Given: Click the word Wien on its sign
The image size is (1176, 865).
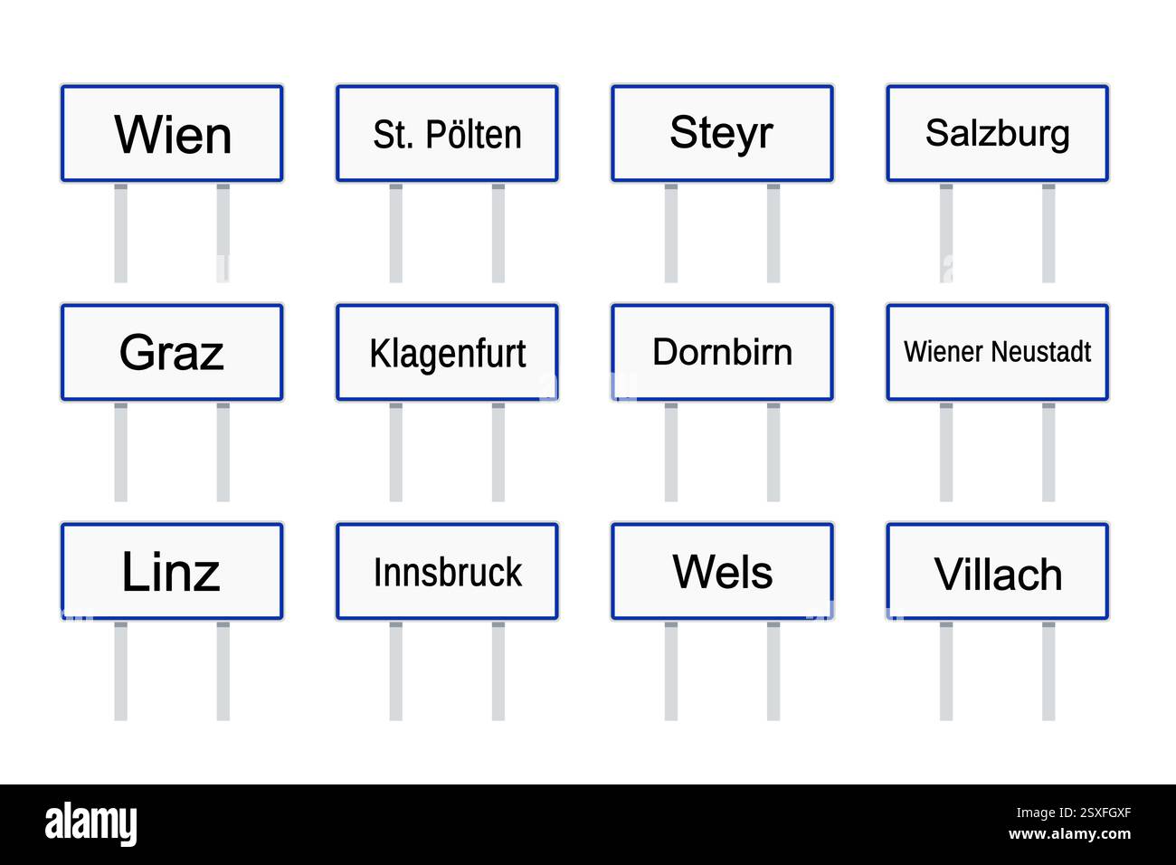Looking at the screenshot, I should point(173,135).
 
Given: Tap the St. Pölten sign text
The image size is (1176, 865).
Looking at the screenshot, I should point(447,135).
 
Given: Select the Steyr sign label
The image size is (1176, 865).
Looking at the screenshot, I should point(721,133).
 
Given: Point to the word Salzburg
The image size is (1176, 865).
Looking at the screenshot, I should point(997,134).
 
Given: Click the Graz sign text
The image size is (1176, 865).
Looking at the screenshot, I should point(171,353).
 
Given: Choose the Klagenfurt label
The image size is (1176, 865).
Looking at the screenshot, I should point(447,354).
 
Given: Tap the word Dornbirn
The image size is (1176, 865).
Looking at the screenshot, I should point(722,352).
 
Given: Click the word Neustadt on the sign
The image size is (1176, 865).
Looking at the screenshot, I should point(1046,351).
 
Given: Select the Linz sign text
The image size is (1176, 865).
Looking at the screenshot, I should point(171,572).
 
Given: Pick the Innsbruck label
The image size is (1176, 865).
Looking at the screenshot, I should point(447,573).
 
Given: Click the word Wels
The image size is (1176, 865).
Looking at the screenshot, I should point(722,572).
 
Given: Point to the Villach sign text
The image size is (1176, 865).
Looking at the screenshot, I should point(997,575).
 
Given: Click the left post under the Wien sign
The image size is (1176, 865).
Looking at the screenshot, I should point(120,233).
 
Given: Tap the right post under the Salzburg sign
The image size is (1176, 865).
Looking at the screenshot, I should point(1048,233).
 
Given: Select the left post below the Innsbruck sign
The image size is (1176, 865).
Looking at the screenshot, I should point(395,670).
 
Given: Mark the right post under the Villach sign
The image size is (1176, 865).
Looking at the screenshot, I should point(1048,670).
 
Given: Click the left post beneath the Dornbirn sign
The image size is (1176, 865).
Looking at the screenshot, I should point(670,452).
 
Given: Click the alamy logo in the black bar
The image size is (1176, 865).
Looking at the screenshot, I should point(90,824).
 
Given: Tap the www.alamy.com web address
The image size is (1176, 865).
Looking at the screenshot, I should point(1069,834).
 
